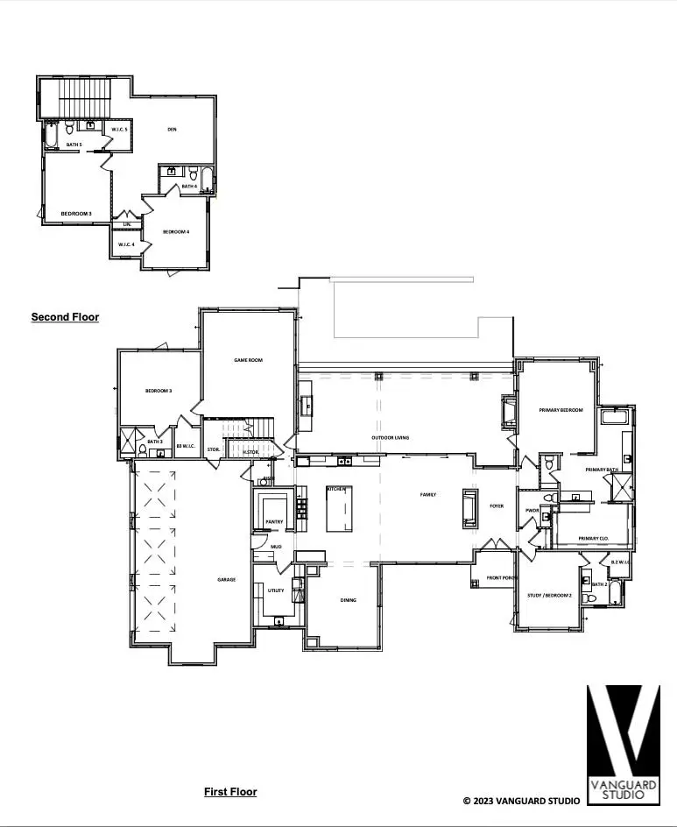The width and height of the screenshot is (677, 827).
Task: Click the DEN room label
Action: tap(173, 130)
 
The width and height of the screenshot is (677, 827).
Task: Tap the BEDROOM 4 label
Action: tap(176, 232)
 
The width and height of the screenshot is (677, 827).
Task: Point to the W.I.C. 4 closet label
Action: tap(125, 244)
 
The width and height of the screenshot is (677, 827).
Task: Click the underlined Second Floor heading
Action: tap(65, 317)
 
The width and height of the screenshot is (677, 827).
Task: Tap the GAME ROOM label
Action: tap(248, 360)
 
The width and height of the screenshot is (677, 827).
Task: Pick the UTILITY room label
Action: tap(275, 590)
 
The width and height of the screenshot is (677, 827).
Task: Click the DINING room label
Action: tap(348, 600)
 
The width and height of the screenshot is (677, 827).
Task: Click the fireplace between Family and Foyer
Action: tap(468, 509)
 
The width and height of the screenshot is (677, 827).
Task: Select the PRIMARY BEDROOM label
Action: tap(561, 409)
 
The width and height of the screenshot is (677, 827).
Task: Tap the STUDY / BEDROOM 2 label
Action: tap(550, 596)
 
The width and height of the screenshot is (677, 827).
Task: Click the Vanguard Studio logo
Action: tap(622, 743)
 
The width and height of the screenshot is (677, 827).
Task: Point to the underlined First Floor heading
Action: tap(230, 792)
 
